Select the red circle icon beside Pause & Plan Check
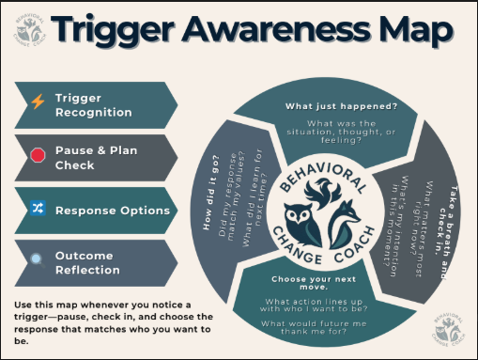38,156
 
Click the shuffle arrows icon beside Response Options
38,210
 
